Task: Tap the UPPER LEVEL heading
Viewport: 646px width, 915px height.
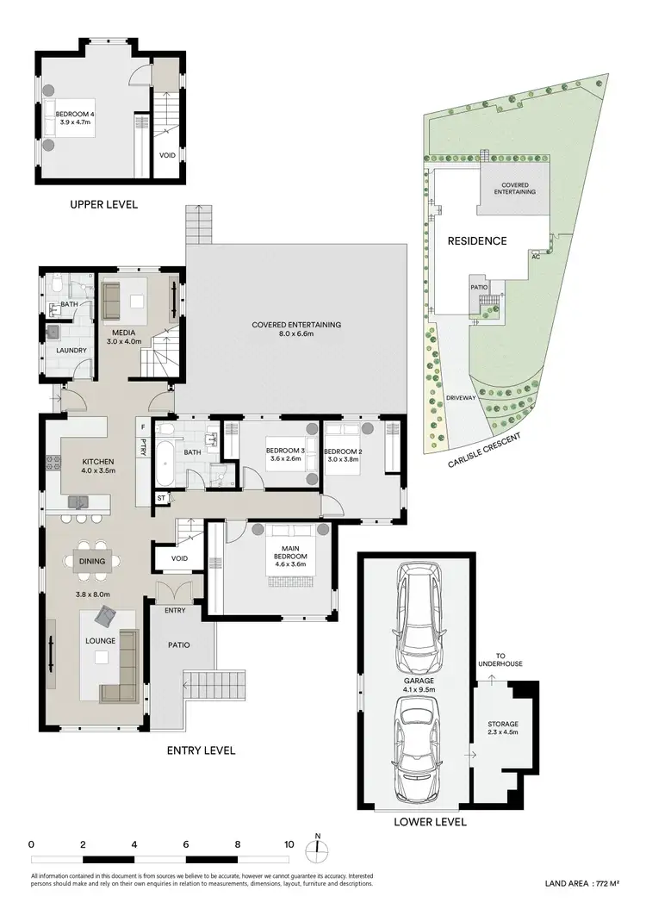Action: (x=102, y=205)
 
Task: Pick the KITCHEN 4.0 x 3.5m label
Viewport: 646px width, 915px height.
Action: (x=97, y=466)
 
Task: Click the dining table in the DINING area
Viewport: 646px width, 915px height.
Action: (x=92, y=561)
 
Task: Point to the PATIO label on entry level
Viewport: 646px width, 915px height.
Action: (x=178, y=644)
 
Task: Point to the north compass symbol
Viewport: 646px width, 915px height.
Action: (x=318, y=849)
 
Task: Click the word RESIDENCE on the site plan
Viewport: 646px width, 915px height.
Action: (x=476, y=241)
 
